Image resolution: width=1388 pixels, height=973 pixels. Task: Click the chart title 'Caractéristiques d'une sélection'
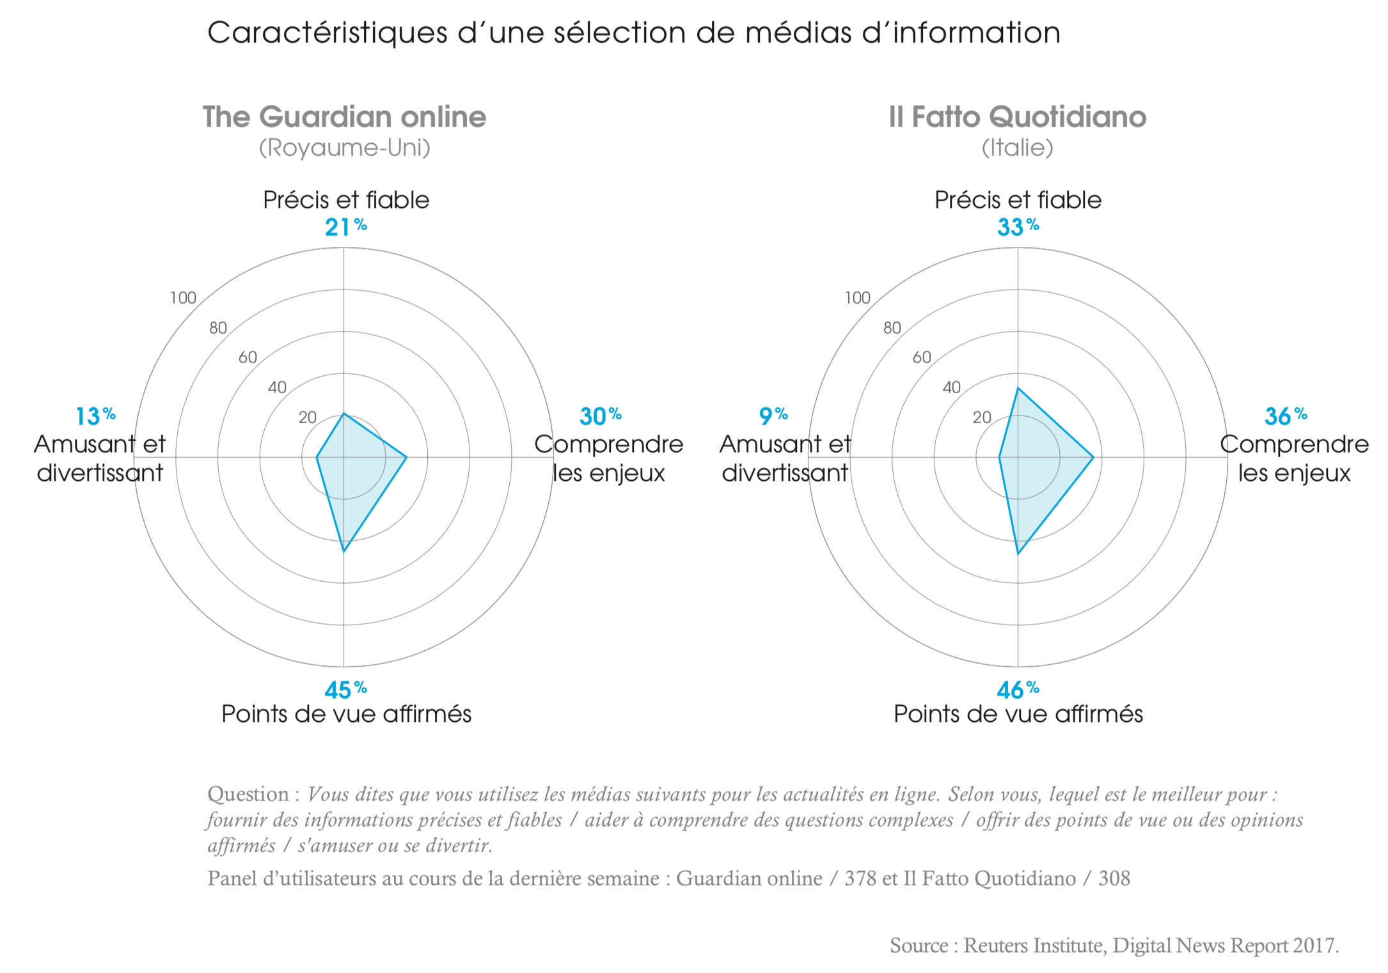pyautogui.click(x=633, y=33)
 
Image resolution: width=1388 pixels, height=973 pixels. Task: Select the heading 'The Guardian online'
pyautogui.click(x=344, y=117)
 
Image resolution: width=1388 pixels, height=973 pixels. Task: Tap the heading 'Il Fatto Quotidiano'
pyautogui.click(x=1017, y=117)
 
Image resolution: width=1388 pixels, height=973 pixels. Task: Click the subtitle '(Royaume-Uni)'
pyautogui.click(x=344, y=148)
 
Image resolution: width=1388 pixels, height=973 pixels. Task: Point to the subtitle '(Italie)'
pyautogui.click(x=1017, y=148)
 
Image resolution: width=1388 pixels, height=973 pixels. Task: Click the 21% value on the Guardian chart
pyautogui.click(x=345, y=227)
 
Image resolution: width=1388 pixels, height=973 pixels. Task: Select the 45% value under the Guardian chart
pyautogui.click(x=345, y=690)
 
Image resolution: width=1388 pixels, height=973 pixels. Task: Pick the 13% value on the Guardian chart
pyautogui.click(x=95, y=416)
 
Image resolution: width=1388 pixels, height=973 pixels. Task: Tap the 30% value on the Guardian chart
pyautogui.click(x=600, y=416)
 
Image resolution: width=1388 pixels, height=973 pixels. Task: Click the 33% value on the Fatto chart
pyautogui.click(x=1018, y=227)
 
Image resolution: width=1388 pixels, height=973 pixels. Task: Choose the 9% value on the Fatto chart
pyautogui.click(x=773, y=416)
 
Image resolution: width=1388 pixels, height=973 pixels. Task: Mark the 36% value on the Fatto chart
pyautogui.click(x=1285, y=416)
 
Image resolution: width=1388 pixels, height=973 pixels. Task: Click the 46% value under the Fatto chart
pyautogui.click(x=1018, y=690)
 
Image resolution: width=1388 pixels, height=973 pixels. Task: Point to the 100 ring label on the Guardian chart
pyautogui.click(x=183, y=298)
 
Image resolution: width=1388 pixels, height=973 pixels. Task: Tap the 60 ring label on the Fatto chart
pyautogui.click(x=922, y=357)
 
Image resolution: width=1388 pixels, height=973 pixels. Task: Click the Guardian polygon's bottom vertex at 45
pyautogui.click(x=344, y=551)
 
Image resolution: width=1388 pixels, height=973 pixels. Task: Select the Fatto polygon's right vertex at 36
pyautogui.click(x=1093, y=457)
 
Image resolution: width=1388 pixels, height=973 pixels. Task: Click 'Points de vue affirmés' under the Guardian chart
pyautogui.click(x=346, y=714)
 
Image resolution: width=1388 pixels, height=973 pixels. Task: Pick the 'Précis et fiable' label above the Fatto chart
pyautogui.click(x=1018, y=200)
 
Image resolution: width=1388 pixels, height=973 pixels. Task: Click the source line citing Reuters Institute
pyautogui.click(x=1114, y=946)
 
